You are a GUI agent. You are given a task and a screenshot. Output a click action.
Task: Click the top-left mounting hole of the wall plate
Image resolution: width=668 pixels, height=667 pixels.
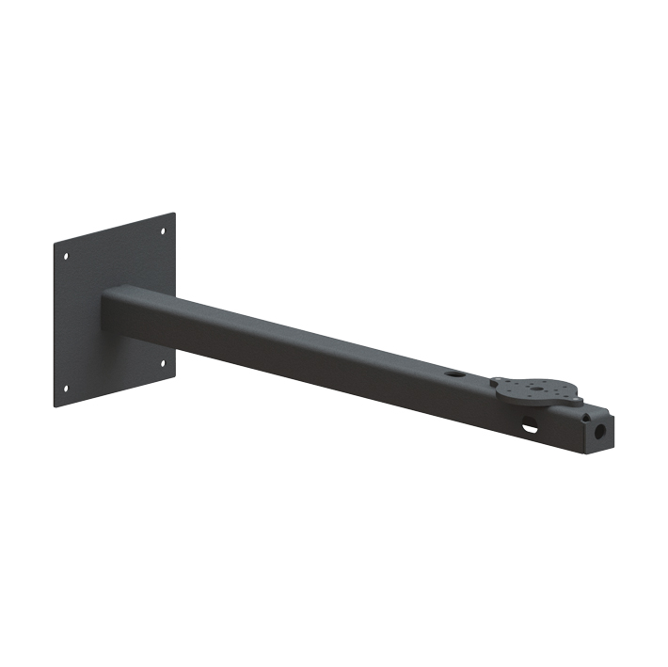pos(65,255)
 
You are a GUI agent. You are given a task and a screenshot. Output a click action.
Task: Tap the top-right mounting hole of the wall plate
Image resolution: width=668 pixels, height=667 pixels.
pos(163,230)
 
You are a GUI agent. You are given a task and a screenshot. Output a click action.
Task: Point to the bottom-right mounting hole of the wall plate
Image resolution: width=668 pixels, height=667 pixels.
pos(163,361)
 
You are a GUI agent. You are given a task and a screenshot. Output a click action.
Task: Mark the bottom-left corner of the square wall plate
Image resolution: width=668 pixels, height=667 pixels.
pos(55,406)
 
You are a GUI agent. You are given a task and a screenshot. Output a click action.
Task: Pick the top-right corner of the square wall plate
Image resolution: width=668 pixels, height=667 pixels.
pos(175,214)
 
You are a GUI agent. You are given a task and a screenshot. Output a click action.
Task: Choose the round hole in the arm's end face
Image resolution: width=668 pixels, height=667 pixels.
pos(598,434)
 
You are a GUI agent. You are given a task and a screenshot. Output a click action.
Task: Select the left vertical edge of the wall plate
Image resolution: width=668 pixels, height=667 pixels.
pos(55,326)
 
